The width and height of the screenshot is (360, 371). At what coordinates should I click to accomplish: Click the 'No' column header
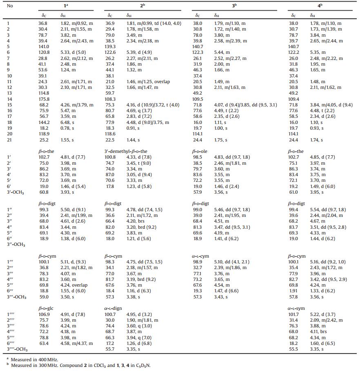[10, 6]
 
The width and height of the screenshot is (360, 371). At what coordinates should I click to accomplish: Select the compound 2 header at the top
[142, 6]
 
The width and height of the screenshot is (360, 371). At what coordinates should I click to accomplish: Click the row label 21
[9, 140]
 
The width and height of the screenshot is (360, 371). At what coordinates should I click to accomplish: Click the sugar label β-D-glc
[46, 309]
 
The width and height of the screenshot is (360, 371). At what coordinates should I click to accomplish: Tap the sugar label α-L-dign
[114, 309]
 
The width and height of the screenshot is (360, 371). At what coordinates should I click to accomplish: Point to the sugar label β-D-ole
[200, 151]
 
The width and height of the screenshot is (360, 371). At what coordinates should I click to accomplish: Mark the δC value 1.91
[293, 291]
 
